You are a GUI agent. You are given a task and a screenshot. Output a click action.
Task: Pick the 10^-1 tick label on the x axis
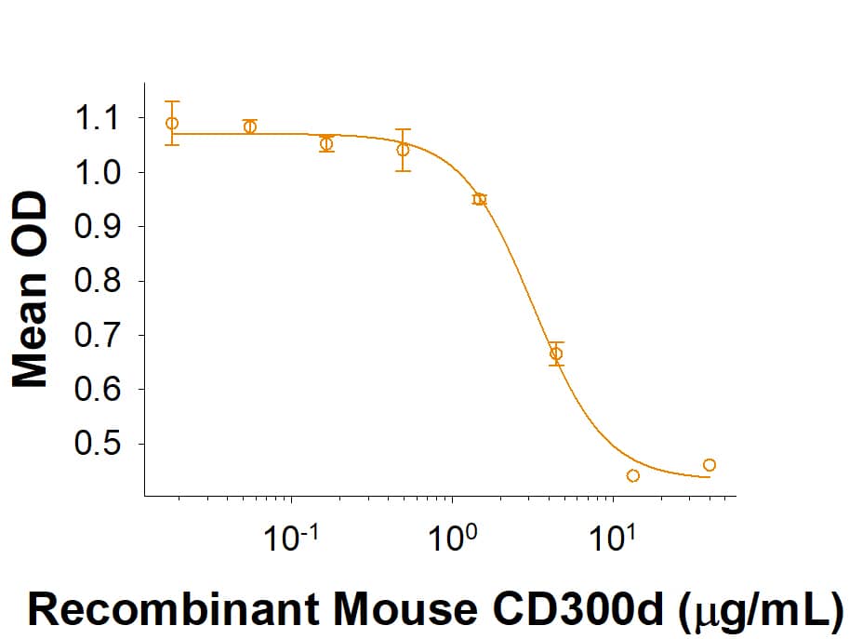292,539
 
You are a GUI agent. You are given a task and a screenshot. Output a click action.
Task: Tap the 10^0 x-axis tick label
452,539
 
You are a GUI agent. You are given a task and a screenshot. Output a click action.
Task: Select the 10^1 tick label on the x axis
613,539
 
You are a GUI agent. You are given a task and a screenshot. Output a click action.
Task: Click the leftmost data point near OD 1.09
172,123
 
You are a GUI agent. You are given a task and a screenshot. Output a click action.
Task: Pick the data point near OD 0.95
480,199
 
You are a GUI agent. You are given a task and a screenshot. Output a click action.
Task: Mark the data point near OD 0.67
556,353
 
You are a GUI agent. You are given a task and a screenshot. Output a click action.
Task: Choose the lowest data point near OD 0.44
633,476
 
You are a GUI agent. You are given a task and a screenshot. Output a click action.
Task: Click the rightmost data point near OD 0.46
710,465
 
